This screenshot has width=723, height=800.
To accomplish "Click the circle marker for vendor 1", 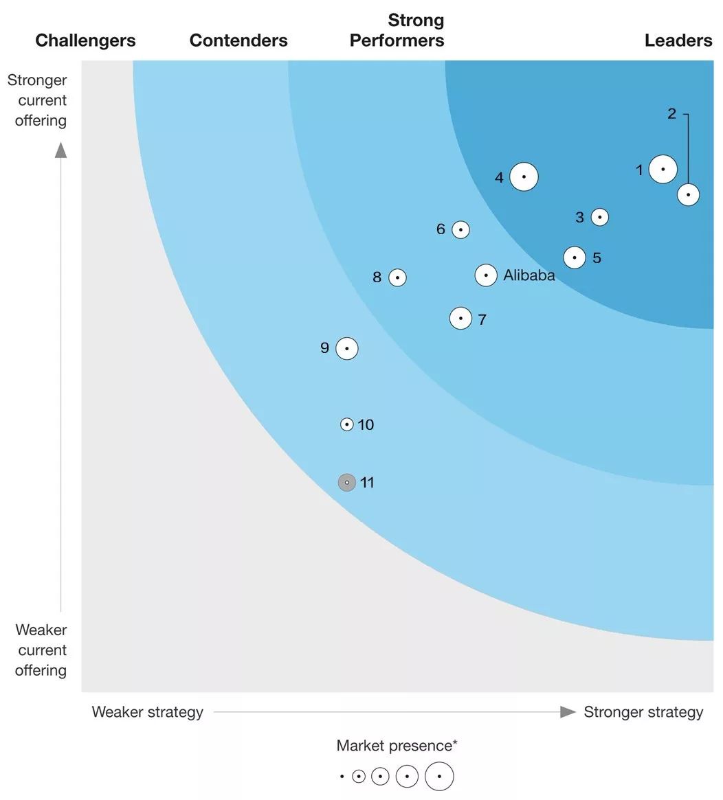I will tap(663, 169).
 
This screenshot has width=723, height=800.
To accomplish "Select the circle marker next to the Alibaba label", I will tap(486, 275).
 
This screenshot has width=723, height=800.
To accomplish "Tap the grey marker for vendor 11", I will tap(347, 483).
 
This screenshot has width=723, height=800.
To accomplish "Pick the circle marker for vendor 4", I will tap(524, 176).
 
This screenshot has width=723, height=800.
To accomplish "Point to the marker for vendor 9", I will tap(347, 349).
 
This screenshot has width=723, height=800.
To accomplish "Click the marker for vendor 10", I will tap(347, 424).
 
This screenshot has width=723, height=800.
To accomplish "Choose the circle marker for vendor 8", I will tap(397, 277).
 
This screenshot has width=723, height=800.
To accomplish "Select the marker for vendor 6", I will tap(460, 229).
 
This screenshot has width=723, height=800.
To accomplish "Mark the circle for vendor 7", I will tap(460, 318).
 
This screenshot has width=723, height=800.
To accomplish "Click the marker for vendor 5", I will tap(575, 258).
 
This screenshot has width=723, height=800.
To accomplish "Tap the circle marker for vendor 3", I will tap(600, 217).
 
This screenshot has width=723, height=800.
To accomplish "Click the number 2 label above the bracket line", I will tap(672, 114).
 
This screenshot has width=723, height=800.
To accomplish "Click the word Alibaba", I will tap(529, 276).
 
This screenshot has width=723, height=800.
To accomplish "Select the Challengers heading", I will tap(85, 41).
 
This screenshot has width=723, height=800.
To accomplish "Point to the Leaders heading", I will tap(678, 41).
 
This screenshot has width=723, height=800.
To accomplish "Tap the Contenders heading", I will tap(238, 41).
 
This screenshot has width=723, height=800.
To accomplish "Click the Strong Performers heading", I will tap(397, 31).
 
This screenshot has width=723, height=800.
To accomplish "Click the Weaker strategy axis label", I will tap(148, 712).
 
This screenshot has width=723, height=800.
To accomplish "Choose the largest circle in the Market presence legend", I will tap(439, 777).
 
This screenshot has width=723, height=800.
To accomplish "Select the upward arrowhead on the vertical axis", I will tap(61, 150).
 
